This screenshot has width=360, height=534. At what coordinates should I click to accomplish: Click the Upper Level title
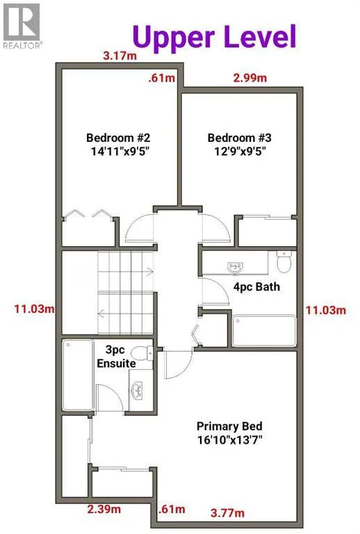pos(214,35)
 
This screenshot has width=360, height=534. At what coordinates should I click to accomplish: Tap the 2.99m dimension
pos(249,79)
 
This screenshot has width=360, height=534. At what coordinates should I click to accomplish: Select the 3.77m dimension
pos(228,513)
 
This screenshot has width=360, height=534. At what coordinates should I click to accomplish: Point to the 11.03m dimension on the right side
pos(326,307)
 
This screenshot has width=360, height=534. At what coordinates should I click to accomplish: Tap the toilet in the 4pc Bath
pos(284,262)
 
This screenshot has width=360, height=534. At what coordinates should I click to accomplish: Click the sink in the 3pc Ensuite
pos(138,389)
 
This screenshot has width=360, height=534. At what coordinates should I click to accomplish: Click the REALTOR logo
pos(22,24)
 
